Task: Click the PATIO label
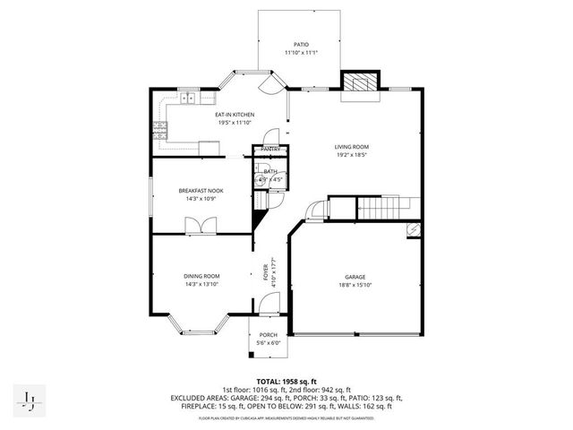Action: click(301, 44)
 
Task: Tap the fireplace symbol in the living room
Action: click(362, 82)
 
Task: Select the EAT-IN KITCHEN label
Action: click(234, 115)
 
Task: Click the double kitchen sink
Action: click(190, 99)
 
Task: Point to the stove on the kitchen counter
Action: click(158, 130)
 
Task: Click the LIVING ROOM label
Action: click(352, 147)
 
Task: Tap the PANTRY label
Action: click(271, 149)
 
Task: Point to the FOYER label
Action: click(265, 271)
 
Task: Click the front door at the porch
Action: click(266, 306)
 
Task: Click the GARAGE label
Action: click(355, 277)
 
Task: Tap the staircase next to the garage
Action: click(381, 211)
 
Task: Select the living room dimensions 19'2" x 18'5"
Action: click(352, 155)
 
